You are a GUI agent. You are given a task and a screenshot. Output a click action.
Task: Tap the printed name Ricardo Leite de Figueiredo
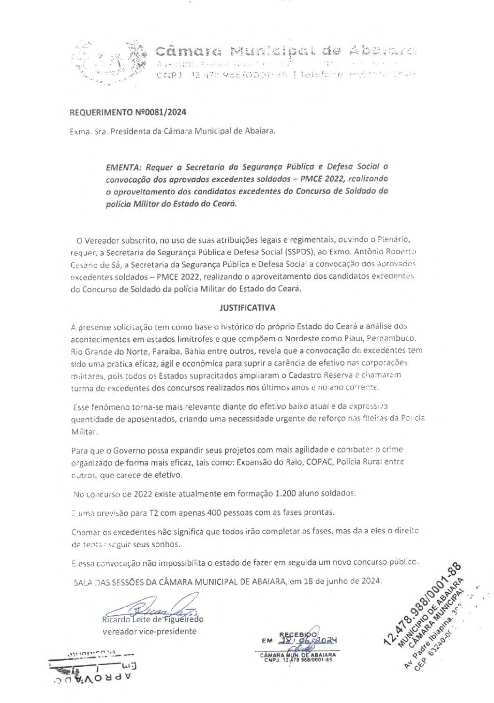[x=152, y=619]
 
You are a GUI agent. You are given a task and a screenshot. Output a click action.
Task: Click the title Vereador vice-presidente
[x=149, y=631]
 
